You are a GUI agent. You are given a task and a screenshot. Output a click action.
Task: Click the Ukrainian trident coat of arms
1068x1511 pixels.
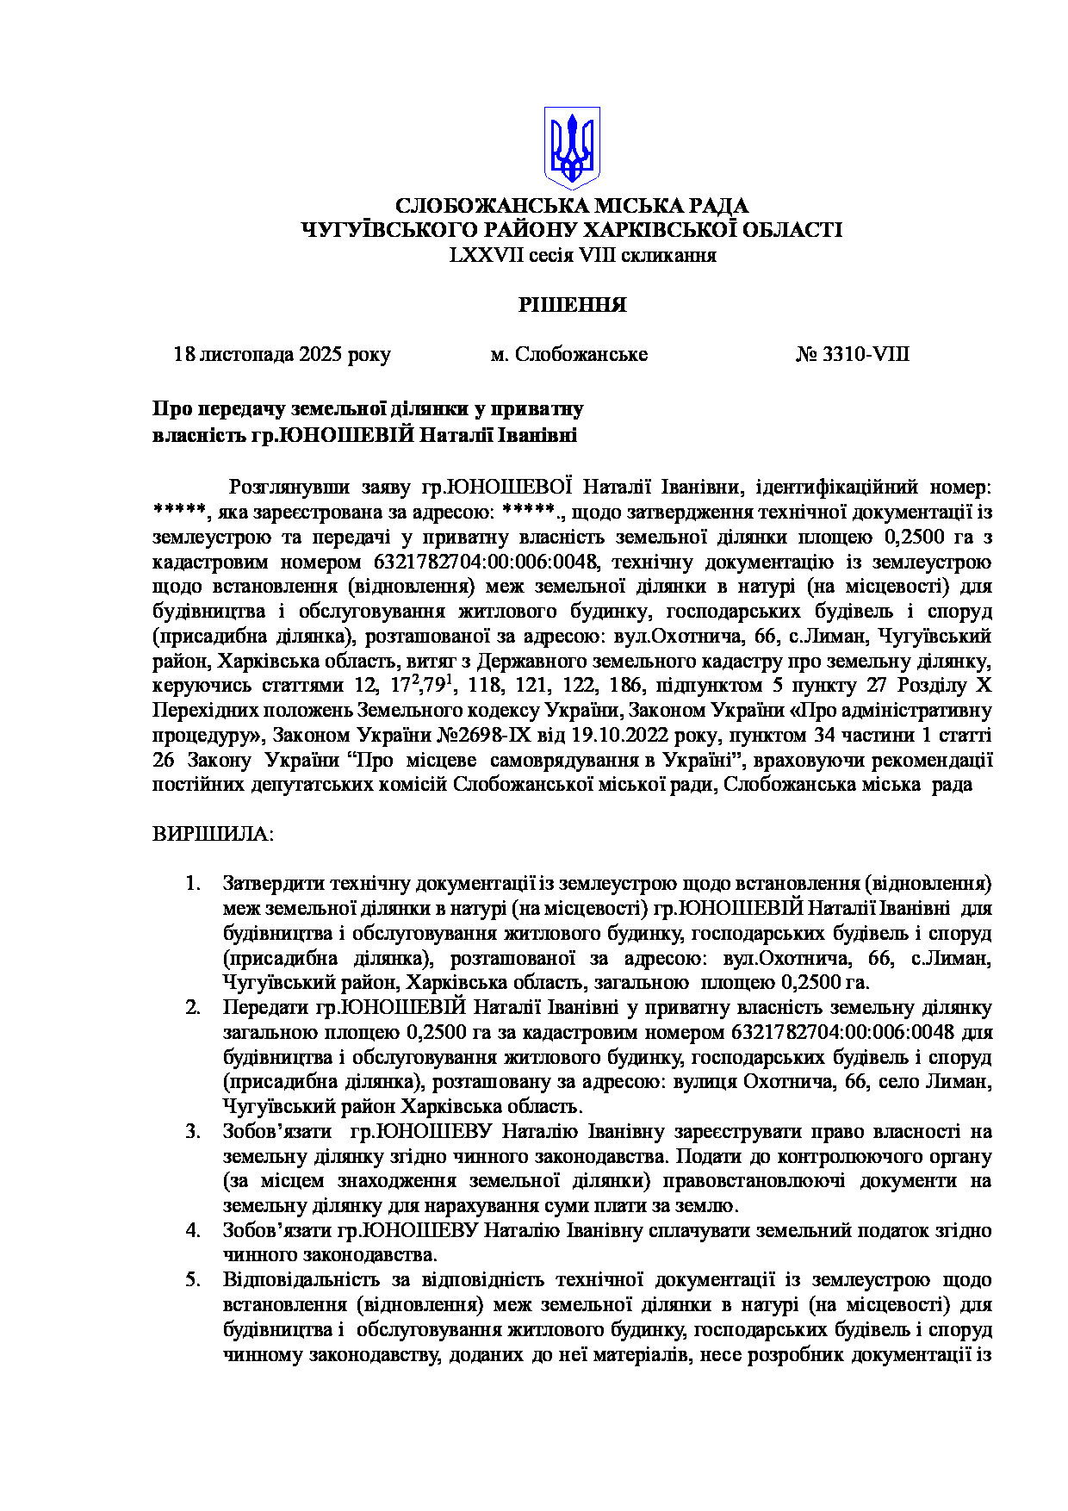[x=572, y=147]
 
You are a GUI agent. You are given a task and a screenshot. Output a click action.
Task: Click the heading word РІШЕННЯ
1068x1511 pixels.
[x=572, y=305]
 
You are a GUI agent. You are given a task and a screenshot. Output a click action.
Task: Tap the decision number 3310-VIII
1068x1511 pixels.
[x=852, y=355]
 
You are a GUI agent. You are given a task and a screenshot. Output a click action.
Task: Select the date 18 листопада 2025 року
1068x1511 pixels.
[x=282, y=355]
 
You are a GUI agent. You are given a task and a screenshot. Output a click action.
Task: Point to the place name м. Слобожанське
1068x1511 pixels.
[x=568, y=355]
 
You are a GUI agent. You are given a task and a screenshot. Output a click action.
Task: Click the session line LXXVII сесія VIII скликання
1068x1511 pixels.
[x=582, y=255]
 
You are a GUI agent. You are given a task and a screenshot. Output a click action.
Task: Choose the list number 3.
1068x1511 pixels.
[x=193, y=1132]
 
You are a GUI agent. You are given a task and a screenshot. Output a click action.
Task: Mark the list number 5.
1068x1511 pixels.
[x=193, y=1280]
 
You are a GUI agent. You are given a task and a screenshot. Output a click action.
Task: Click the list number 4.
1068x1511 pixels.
[x=193, y=1231]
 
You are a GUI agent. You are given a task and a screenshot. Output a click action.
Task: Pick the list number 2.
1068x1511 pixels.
[x=193, y=1008]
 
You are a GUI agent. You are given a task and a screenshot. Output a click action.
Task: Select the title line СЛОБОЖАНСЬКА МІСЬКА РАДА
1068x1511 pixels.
[x=572, y=206]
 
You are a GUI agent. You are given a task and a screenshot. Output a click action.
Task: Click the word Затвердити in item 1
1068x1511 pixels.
[x=273, y=884]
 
